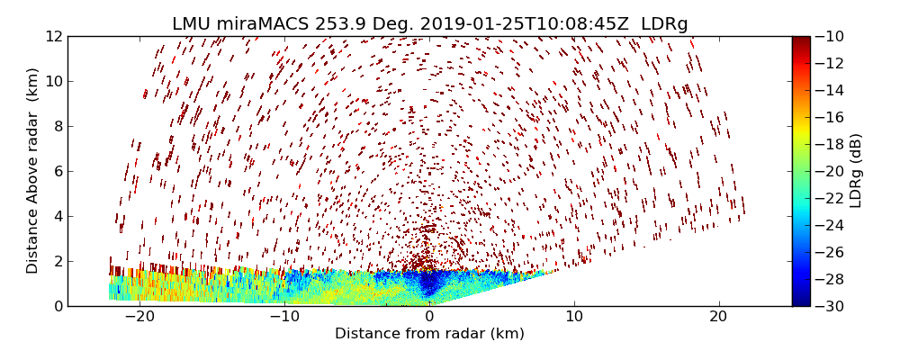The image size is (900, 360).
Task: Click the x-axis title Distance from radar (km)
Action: click(429, 334)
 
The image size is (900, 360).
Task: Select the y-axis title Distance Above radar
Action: click(33, 171)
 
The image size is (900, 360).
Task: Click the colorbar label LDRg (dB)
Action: click(856, 171)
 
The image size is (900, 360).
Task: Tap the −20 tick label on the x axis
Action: click(139, 317)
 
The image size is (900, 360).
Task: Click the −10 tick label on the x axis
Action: click(284, 317)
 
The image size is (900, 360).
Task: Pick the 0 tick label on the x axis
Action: click(429, 317)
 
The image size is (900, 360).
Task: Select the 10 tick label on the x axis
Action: click(574, 317)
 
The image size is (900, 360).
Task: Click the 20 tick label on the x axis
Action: click(718, 317)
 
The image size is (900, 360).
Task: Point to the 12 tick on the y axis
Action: click(53, 36)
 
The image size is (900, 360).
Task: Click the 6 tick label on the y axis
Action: click(57, 171)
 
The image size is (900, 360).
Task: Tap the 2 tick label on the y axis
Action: click(57, 261)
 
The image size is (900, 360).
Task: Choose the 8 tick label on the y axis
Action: click(57, 126)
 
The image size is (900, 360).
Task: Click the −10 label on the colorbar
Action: click(828, 36)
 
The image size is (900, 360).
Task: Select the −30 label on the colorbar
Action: click(828, 306)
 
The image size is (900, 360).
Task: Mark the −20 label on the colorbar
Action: click(828, 171)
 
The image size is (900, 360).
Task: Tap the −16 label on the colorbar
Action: click(828, 117)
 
